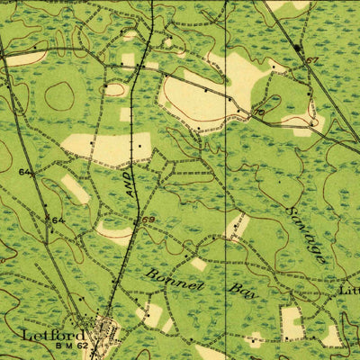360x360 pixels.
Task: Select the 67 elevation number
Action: tap(312, 60)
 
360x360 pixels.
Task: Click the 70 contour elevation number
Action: tap(259, 113)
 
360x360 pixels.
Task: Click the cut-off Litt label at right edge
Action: tap(348, 291)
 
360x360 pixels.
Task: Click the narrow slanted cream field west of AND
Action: tap(75, 188)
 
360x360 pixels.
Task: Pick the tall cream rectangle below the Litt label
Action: tap(292, 322)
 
